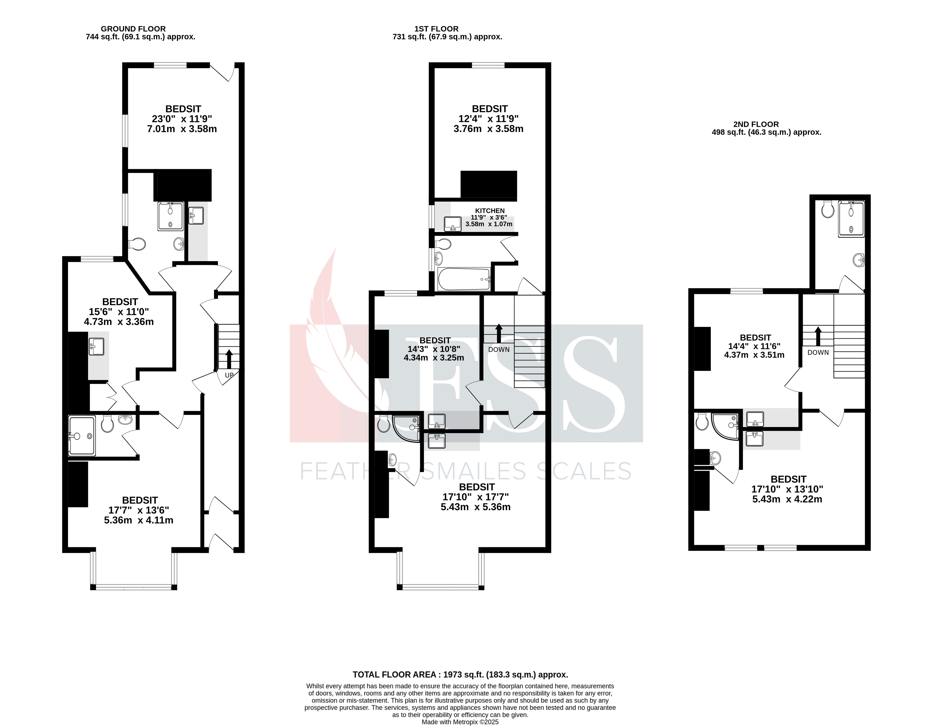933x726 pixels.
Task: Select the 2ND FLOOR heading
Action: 756,124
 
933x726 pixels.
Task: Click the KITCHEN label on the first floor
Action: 490,211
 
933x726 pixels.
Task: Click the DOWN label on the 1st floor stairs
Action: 499,350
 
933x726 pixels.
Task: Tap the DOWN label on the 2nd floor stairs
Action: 818,352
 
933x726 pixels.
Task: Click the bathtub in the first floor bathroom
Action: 464,279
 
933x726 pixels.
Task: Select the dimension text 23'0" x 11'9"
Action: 182,119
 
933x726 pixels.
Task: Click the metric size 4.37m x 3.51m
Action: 754,355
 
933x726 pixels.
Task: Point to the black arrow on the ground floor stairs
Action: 229,358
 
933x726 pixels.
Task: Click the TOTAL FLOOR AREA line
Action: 460,675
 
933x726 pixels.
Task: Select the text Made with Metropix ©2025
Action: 460,722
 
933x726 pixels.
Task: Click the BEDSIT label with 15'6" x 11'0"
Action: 120,302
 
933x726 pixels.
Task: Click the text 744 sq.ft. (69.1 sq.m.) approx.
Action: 140,37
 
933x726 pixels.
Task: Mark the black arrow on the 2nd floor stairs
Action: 818,336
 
